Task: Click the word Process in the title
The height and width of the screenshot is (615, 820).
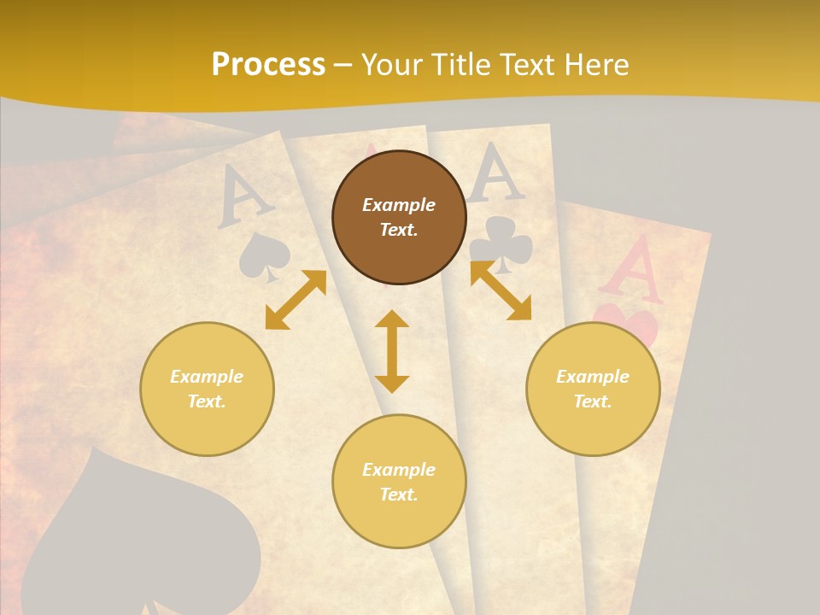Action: coord(268,65)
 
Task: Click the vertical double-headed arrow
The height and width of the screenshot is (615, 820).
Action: coord(392,351)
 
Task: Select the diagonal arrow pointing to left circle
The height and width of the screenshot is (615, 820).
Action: coord(296,299)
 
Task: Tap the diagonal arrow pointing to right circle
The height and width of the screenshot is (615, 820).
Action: coord(501,291)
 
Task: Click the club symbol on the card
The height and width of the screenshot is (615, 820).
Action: coord(501,243)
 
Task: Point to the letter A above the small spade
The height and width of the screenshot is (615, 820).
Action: coord(244,197)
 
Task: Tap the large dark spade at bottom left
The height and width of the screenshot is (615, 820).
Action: coord(141,538)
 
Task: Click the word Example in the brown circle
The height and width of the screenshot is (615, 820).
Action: coord(399,205)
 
